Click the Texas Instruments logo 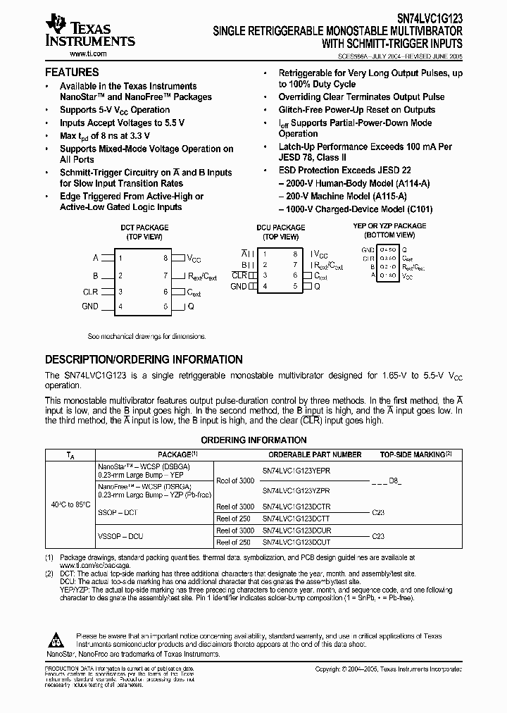click(89, 32)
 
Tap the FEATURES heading click(72, 72)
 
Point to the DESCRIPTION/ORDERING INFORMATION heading click(144, 359)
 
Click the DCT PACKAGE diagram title click(144, 228)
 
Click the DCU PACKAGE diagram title click(281, 228)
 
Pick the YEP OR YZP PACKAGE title click(389, 226)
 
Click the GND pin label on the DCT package click(90, 306)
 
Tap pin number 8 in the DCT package click(165, 259)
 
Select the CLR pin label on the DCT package click(90, 291)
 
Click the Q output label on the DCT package click(190, 306)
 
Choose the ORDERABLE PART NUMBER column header click(315, 454)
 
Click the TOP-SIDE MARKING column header click(415, 454)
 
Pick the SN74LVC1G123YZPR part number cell click(296, 490)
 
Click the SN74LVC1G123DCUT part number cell click(296, 542)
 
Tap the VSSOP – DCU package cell click(120, 536)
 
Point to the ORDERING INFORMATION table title click(254, 440)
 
